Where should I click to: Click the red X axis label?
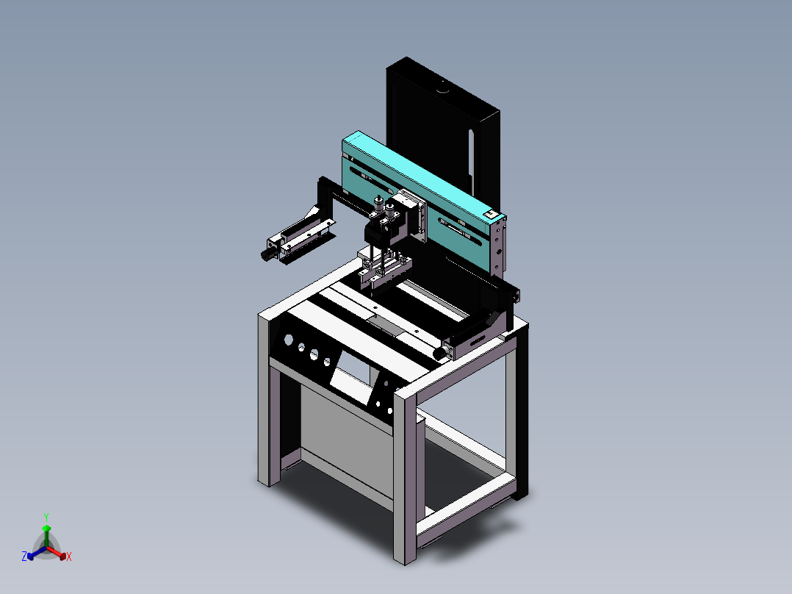(x=69, y=557)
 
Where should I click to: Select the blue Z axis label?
(x=24, y=557)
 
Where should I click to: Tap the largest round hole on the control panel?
(x=288, y=340)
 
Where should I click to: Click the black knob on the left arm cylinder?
(x=265, y=254)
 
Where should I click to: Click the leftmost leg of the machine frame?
(x=268, y=412)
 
